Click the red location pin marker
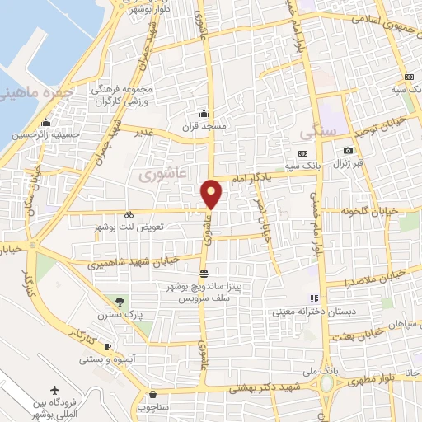coord(213,193)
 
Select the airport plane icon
coord(55,389)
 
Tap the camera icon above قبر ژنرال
coord(348,150)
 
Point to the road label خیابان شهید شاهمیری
coord(135,262)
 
